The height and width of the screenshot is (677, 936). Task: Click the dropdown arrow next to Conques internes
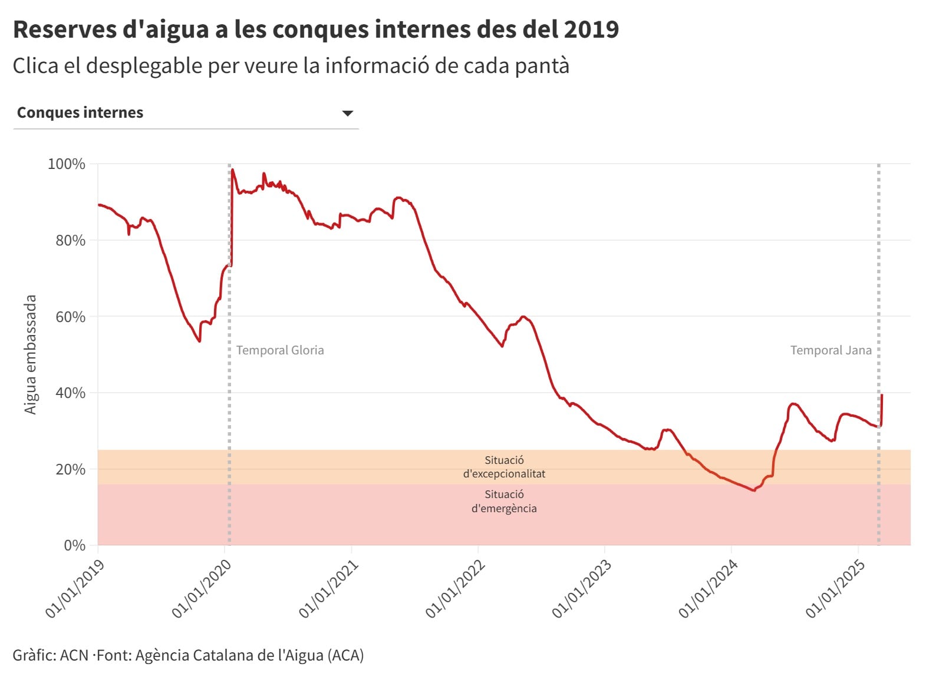(x=348, y=113)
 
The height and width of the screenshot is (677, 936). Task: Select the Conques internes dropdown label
(x=80, y=112)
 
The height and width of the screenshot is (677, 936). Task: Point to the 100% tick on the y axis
(x=66, y=164)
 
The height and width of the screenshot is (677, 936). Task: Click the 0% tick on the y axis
(x=74, y=545)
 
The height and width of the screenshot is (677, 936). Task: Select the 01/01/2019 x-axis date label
(x=75, y=588)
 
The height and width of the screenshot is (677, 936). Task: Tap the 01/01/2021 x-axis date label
(x=328, y=588)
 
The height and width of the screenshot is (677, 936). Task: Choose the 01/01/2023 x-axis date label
(x=582, y=588)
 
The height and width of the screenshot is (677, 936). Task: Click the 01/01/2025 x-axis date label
(x=835, y=588)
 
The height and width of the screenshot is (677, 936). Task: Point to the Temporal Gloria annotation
(x=280, y=350)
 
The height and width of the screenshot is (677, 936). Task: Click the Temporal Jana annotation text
(x=830, y=350)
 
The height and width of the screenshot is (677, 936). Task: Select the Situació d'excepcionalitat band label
(x=504, y=467)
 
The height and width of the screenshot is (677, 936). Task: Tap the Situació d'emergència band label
(x=504, y=501)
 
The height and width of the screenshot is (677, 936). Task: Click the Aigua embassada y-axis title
(x=30, y=354)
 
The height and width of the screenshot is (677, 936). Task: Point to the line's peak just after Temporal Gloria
(x=233, y=170)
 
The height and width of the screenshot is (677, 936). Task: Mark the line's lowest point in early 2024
(x=754, y=490)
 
